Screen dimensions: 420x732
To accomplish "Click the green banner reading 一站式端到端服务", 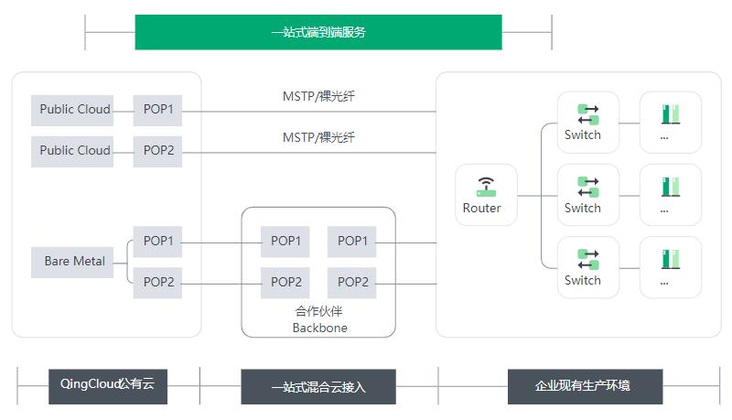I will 318,32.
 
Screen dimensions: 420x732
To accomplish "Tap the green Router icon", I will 486,187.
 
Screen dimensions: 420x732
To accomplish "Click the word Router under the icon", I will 481,209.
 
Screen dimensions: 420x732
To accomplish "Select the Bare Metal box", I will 74,262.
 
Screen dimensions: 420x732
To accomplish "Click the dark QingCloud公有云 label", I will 108,385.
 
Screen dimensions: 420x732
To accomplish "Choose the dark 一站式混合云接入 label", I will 318,387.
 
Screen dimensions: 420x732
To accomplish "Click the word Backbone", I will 319,328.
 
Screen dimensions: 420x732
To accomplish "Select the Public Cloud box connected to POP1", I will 74,110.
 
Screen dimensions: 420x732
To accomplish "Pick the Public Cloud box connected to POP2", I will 74,151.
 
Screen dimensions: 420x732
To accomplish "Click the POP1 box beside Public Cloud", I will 157,110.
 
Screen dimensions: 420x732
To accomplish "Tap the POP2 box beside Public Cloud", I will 157,151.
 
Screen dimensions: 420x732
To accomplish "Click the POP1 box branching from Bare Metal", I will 157,242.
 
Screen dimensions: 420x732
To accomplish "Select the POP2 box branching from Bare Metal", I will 157,282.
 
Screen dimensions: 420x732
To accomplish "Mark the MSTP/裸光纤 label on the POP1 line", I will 318,95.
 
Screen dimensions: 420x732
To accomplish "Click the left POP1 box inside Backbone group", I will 285,242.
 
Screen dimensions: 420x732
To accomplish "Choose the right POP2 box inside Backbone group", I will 351,282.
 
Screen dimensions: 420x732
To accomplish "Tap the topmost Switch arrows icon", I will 587,114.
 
